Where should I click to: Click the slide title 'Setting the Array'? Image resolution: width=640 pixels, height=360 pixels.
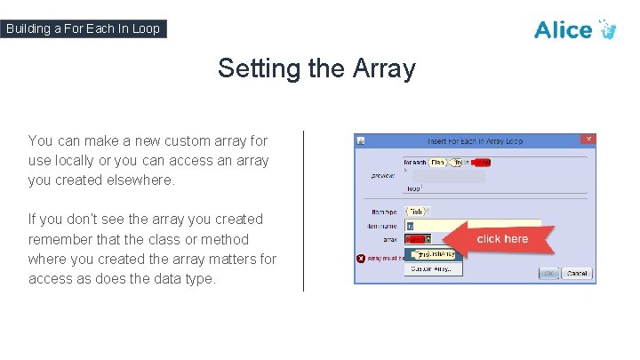[316, 68]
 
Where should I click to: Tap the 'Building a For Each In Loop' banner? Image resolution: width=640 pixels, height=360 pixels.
[84, 28]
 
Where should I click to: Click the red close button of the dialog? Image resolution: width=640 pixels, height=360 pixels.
[587, 140]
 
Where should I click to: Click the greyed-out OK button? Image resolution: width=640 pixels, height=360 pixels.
[549, 273]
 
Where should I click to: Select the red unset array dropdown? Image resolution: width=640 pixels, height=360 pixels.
[417, 239]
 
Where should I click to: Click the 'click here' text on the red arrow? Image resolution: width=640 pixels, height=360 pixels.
[502, 239]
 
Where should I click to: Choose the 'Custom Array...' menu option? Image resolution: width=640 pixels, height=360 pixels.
[434, 268]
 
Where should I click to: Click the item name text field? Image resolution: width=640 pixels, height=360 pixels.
[471, 226]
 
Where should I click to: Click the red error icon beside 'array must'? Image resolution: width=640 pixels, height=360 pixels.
[361, 259]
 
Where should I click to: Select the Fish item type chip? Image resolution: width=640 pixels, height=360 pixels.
[417, 212]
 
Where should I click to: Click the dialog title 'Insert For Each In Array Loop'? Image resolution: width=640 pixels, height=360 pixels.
[474, 140]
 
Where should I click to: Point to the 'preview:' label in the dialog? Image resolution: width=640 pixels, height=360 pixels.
[383, 175]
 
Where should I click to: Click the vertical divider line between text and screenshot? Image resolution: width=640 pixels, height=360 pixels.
[303, 211]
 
